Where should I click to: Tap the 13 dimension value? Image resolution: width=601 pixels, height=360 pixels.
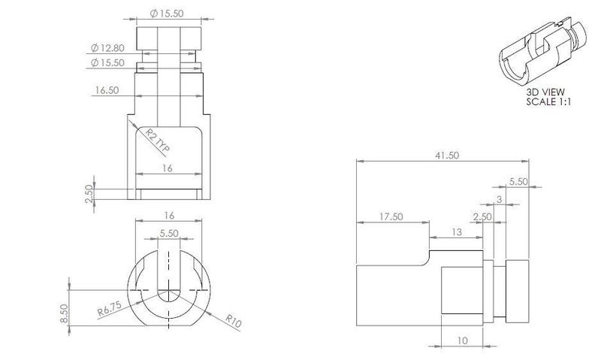[x=457, y=232]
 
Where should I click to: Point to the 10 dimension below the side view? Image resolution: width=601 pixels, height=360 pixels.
[x=461, y=340]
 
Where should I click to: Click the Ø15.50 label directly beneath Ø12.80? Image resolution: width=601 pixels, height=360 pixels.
[x=107, y=62]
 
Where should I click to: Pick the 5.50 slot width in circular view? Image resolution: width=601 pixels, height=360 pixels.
[x=169, y=234]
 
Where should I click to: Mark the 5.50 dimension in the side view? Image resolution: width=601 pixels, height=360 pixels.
[x=518, y=181]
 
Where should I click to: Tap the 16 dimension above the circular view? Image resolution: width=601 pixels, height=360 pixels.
[x=169, y=215]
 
